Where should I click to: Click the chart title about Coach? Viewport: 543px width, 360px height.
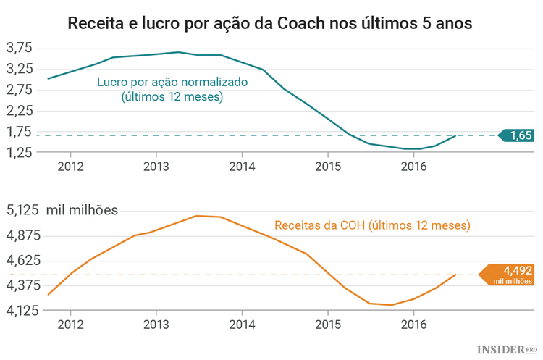270,22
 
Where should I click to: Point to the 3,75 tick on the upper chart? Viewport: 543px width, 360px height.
20,48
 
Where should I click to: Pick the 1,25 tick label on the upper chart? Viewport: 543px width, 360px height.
20,153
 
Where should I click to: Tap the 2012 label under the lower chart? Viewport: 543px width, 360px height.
70,324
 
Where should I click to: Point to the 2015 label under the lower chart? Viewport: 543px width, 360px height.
328,324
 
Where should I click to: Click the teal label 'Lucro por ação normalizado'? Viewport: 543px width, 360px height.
172,82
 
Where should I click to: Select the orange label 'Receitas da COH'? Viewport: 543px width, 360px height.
372,225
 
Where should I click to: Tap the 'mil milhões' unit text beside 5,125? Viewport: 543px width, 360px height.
82,211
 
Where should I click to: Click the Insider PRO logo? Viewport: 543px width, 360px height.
508,349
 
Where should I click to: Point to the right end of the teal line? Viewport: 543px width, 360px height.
455,135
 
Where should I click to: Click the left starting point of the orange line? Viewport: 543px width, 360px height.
48,295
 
